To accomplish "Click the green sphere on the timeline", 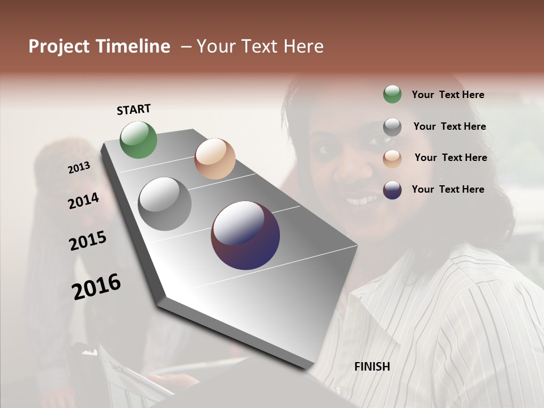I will point(139,139).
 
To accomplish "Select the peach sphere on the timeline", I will point(215,159).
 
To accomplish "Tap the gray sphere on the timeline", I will point(165,204).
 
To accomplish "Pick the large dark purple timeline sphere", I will point(245,235).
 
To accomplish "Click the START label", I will point(134,109).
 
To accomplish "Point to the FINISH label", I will point(372,367).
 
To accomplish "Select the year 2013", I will point(79,168).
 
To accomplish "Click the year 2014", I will point(83,201).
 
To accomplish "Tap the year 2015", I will point(88,241).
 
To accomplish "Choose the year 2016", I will point(96,286).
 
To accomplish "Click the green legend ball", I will point(392,94).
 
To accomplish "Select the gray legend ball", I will point(392,126).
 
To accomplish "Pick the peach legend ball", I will point(392,158).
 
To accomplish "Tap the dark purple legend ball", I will point(392,190).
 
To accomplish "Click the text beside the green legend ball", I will point(448,95).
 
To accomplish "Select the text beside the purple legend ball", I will point(448,189).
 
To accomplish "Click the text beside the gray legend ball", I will point(449,126).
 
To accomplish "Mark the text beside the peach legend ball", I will point(450,158).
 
